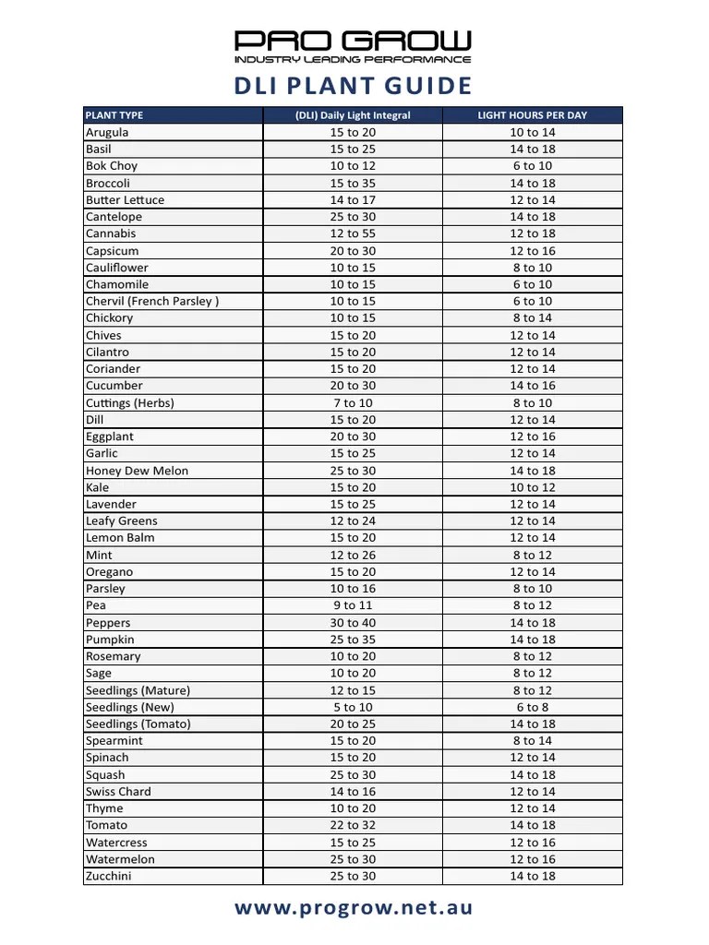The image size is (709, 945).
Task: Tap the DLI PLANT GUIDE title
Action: [x=352, y=86]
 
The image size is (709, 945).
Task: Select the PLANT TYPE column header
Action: [x=114, y=115]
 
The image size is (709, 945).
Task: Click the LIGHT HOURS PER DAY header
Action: [x=532, y=115]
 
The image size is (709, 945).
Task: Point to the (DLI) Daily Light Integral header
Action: [x=353, y=115]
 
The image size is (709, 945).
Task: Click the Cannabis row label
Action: [x=111, y=233]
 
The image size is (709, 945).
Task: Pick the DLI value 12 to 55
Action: [x=353, y=233]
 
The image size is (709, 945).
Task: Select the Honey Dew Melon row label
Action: [x=137, y=471]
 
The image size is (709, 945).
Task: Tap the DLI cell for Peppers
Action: [x=353, y=623]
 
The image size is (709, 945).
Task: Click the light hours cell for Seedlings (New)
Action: [x=532, y=707]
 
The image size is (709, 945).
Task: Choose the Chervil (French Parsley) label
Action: [x=152, y=301]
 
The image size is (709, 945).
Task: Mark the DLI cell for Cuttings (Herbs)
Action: [x=353, y=402]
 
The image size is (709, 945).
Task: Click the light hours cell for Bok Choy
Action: [x=532, y=166]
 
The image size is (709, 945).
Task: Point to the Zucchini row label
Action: [x=108, y=876]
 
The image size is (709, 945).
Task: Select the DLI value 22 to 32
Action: [x=353, y=825]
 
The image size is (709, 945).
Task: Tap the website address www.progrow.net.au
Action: [x=353, y=908]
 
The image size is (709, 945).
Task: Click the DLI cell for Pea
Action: [x=353, y=605]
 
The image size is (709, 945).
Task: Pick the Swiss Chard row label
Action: [x=118, y=791]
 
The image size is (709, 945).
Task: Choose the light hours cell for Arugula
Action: [x=532, y=132]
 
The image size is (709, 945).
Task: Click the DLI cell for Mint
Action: [x=353, y=555]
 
